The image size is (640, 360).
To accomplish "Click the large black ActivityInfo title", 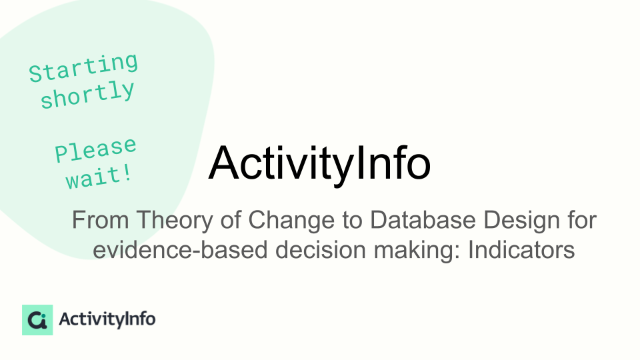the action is click(319, 164).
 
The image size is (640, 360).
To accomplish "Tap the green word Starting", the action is click(84, 68).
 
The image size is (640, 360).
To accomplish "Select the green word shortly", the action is click(87, 94).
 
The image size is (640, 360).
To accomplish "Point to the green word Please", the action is click(95, 149).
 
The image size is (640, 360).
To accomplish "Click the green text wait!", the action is click(99, 177).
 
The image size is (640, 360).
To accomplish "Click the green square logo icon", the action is click(37, 320).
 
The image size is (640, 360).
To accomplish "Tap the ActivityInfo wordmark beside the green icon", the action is click(107, 319).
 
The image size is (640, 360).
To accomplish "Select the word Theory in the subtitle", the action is click(175, 220).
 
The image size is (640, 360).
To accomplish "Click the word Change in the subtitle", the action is click(291, 221).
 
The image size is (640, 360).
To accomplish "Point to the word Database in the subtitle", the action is click(423, 220).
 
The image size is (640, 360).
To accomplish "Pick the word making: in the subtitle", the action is click(417, 250).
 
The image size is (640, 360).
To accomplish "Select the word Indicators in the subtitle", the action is click(521, 250).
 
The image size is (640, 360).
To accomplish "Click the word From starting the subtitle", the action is click(101, 220).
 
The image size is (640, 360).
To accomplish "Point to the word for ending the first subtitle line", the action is click(583, 220).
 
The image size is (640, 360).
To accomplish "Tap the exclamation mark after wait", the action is click(127, 173).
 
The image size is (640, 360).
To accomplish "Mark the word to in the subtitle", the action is click(353, 221).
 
